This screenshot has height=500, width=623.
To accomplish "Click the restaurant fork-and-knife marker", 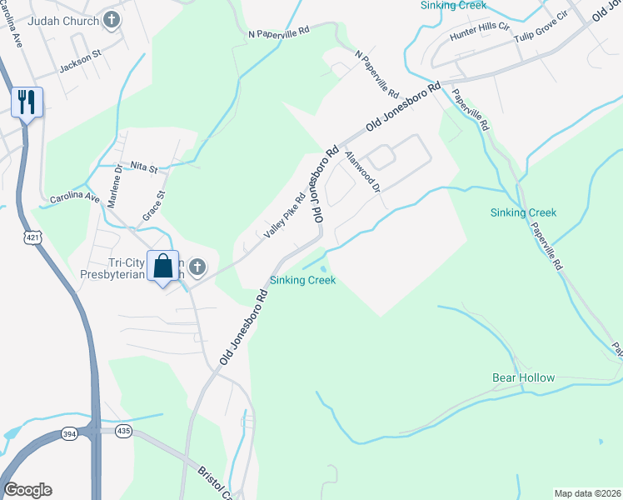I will (27, 102).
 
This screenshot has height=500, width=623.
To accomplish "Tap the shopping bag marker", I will (163, 267).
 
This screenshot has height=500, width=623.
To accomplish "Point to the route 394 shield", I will (70, 433).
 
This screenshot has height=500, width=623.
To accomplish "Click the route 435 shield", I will (123, 431).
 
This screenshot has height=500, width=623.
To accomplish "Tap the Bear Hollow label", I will (523, 377).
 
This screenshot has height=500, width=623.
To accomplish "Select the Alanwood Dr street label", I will (363, 172).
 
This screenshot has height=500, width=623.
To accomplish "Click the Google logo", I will (27, 490).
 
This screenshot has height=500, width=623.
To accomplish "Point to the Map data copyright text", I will (586, 493).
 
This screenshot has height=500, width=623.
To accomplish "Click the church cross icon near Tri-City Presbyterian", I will (197, 267).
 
